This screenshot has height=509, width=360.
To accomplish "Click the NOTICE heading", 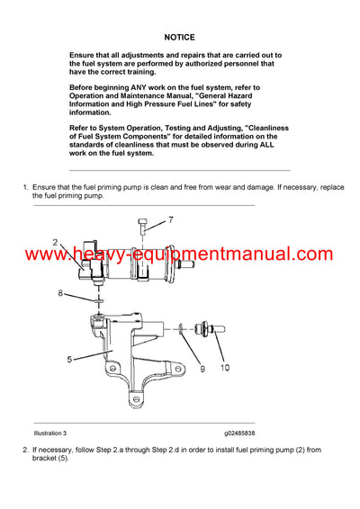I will tap(180, 39).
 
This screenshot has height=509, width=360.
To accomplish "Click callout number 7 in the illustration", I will tap(172, 219).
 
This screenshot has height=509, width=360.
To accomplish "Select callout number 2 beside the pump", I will tap(55, 242).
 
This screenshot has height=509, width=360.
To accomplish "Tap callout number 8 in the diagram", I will tap(61, 293).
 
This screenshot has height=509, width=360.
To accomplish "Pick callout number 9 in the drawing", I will tap(202, 366).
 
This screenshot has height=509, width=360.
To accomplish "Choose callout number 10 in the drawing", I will tap(224, 366).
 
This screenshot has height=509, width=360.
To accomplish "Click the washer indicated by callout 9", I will tap(183, 326).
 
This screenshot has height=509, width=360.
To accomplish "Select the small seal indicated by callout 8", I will tap(99, 299).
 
